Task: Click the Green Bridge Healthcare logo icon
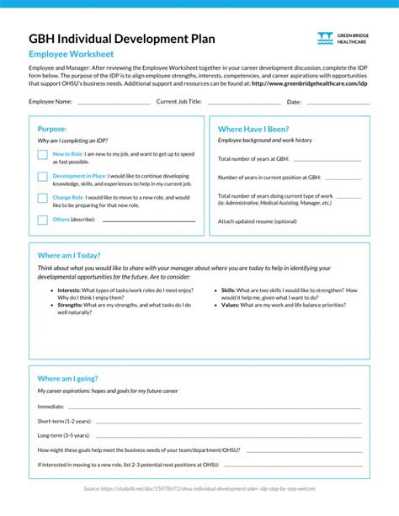[325, 39]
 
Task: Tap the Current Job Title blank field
[243, 102]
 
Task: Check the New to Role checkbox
[42, 155]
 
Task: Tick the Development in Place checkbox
[42, 177]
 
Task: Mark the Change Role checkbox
[42, 199]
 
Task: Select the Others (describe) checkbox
[42, 220]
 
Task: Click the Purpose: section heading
[52, 129]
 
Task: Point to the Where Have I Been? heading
[253, 129]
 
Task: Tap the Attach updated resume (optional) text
[258, 221]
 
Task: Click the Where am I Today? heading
[69, 255]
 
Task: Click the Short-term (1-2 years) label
[65, 420]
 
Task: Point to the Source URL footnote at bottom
[199, 488]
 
